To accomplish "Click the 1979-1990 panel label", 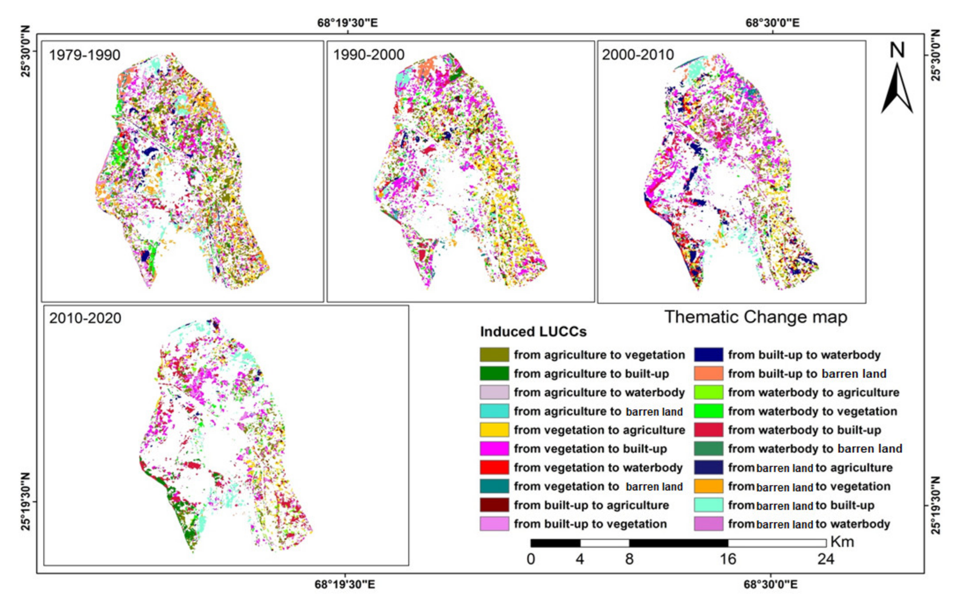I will [84, 55].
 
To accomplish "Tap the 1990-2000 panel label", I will [369, 55].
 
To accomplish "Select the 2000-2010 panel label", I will [638, 55].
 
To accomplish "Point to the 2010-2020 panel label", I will [85, 318].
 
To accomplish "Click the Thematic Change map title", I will [756, 317].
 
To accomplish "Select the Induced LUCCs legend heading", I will [533, 331].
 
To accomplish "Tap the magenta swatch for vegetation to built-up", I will [494, 449].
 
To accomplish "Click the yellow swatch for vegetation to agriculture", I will [494, 430].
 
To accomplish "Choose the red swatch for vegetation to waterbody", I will [494, 467].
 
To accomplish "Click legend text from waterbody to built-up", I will [804, 430].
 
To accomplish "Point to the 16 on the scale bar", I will [728, 559].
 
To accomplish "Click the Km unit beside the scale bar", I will [842, 542].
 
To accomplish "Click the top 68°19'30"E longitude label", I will [347, 23].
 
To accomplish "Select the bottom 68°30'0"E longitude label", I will [770, 584].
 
